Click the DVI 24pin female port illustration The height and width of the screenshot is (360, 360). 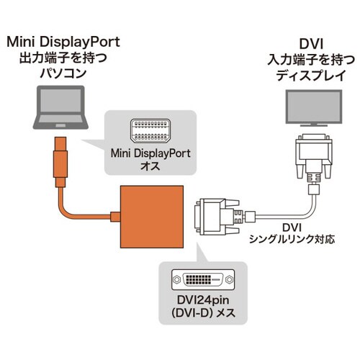pyautogui.click(x=200, y=279)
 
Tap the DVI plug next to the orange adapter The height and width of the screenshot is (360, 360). pyautogui.click(x=216, y=215)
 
